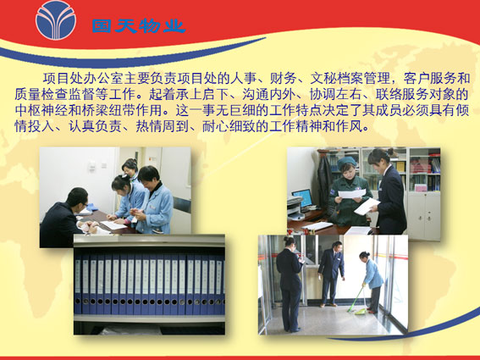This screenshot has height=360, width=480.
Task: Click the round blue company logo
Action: point(56,19)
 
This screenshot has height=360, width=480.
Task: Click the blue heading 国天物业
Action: point(139,26)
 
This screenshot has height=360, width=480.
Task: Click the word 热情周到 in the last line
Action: point(163,126)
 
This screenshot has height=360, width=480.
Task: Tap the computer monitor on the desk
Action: point(302,198)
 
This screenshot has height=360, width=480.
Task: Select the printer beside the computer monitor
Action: point(295,208)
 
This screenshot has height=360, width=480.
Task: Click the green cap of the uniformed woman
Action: point(347,161)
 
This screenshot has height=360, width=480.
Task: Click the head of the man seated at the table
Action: point(77,197)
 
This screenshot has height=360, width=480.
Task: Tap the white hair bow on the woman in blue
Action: point(124,176)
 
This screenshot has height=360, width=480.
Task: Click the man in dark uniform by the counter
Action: point(331,274)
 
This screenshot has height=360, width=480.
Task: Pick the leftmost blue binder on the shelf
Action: point(78,285)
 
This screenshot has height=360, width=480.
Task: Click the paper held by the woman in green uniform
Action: point(352,193)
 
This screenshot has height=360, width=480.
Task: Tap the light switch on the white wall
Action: point(92,166)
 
